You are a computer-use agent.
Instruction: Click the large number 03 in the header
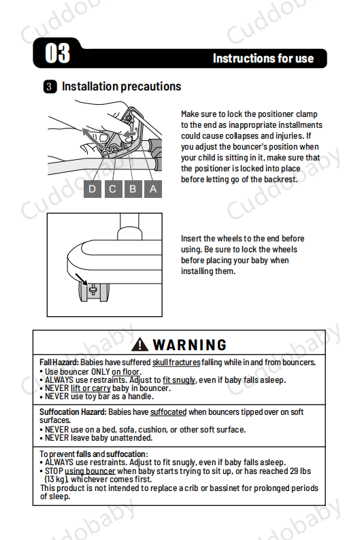tap(58, 53)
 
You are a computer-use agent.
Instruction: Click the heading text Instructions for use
tap(263, 58)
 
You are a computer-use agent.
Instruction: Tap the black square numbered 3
tap(50, 86)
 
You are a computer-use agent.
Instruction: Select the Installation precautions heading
tap(121, 86)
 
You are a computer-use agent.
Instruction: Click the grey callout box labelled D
tap(93, 188)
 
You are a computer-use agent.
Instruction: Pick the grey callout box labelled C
tap(113, 188)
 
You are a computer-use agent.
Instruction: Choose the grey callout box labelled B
tap(133, 188)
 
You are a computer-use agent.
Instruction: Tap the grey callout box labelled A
tap(153, 188)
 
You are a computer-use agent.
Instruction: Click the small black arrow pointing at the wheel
tap(81, 280)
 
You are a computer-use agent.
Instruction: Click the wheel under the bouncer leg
tap(94, 292)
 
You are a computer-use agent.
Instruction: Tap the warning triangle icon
tap(140, 344)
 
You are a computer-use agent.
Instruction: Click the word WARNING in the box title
tap(190, 345)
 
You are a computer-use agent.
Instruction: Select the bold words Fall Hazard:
tap(59, 362)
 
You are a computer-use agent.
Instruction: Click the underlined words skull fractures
tap(176, 362)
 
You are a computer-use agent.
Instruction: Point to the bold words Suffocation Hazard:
tap(73, 412)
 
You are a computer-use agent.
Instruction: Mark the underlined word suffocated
tap(169, 412)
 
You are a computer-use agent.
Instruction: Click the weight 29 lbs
tap(300, 471)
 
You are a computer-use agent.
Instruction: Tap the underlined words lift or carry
tap(91, 388)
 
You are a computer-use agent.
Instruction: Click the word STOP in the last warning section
tap(54, 471)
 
